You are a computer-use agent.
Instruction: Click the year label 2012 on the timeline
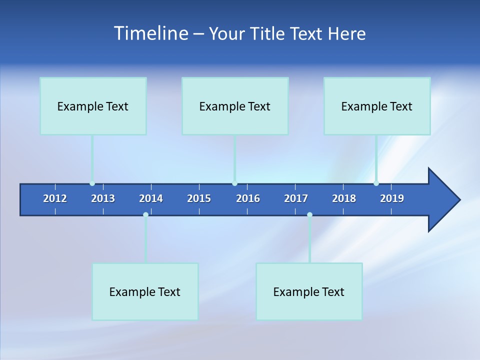point(55,198)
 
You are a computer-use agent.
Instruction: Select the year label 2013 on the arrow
point(103,198)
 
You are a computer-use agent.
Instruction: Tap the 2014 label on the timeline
point(151,198)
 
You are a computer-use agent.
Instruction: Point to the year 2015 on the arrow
point(199,198)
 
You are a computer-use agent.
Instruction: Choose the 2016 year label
point(248,198)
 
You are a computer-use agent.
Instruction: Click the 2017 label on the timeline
point(296,198)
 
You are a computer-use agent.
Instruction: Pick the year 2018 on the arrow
point(344,198)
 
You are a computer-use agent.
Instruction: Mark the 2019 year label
point(392,198)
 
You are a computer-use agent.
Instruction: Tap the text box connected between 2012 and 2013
point(93,106)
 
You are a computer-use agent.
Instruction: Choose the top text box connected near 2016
point(235,106)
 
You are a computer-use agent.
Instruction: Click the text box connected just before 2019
point(377,106)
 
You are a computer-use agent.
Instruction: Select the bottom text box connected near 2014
point(145,291)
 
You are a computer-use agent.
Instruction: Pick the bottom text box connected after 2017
point(309,291)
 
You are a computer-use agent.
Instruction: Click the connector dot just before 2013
point(92,183)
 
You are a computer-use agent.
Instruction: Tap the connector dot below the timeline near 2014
point(145,214)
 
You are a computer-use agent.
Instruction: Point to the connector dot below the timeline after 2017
point(309,214)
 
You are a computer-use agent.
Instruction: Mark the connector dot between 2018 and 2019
point(376,183)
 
